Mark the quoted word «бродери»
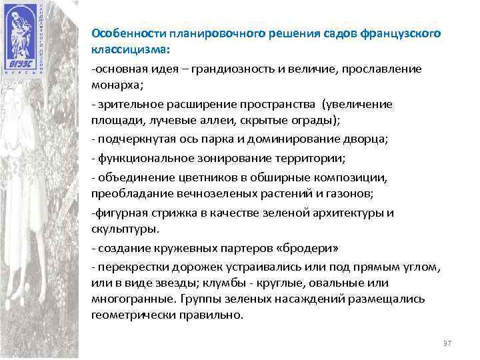[x=312, y=248]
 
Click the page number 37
[x=447, y=343]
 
